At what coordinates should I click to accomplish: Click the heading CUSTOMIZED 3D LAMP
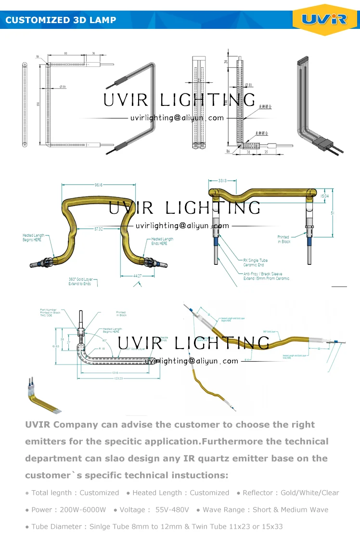tap(61, 20)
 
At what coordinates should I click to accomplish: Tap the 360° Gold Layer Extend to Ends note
tap(81, 281)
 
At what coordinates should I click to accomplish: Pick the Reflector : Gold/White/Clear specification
tap(291, 493)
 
